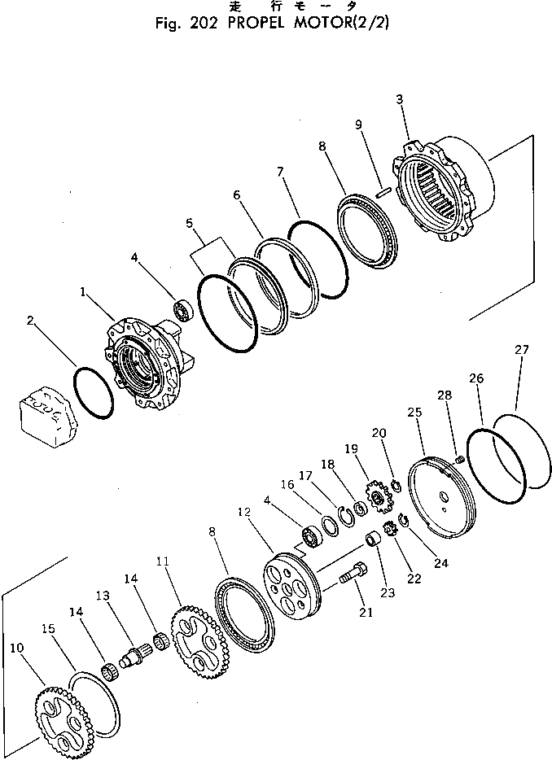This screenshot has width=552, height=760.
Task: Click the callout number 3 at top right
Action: (x=400, y=100)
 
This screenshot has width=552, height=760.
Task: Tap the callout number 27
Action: (x=522, y=350)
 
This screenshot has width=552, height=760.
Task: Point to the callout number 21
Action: (x=365, y=612)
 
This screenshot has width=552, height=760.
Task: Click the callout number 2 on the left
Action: (x=30, y=321)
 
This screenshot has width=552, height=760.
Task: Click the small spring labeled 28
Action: (x=458, y=461)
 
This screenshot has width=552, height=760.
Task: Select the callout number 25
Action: (x=415, y=413)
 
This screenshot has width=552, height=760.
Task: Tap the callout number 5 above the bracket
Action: (x=190, y=222)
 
